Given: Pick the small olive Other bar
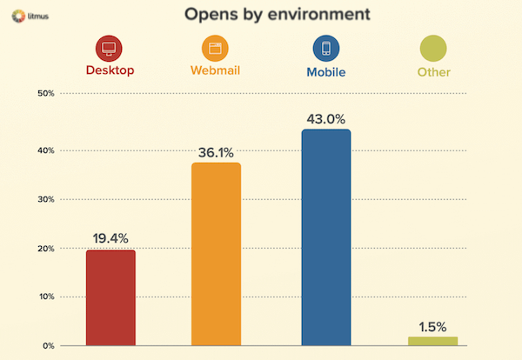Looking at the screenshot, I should point(432,341).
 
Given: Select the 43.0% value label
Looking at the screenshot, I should point(325,117).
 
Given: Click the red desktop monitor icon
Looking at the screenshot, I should point(110,49).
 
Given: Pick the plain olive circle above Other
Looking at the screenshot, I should point(432,49).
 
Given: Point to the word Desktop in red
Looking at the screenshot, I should point(110,72).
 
